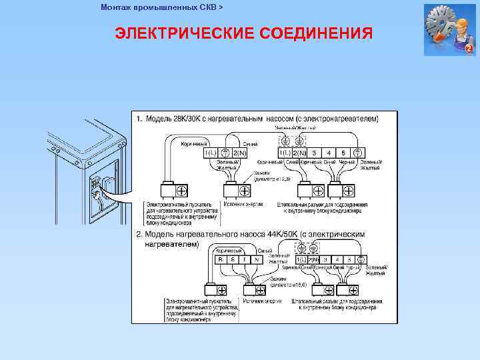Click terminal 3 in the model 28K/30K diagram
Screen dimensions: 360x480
(x=314, y=153)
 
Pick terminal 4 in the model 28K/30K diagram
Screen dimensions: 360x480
(x=329, y=153)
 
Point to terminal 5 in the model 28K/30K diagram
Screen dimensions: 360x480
(x=343, y=153)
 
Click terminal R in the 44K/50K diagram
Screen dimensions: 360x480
(x=221, y=259)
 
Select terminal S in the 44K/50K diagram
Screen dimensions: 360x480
(x=233, y=259)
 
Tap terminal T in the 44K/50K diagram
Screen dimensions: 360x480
(x=245, y=259)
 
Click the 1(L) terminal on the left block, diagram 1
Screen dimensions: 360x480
(x=211, y=153)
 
